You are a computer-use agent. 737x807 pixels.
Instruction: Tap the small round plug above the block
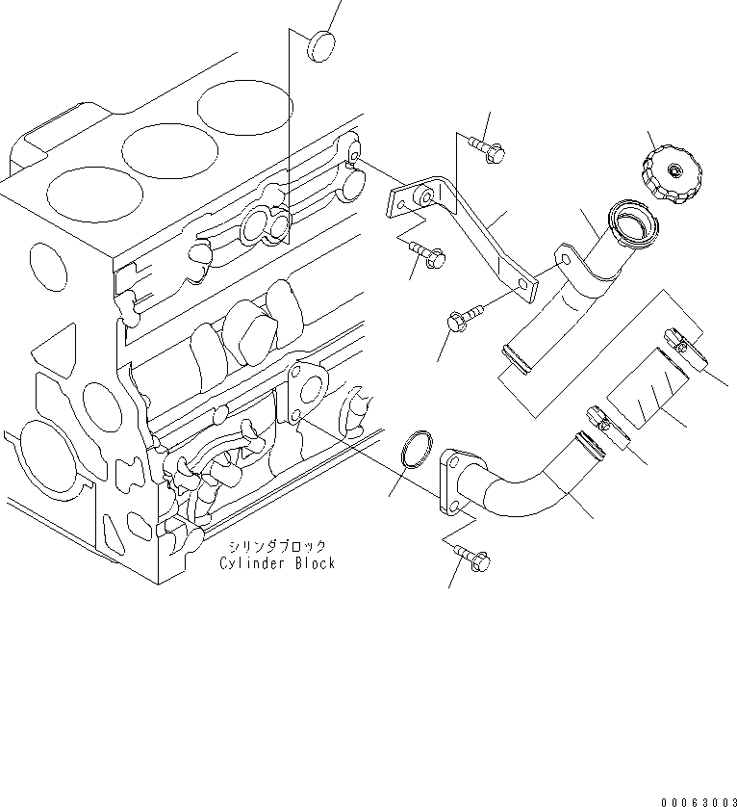tap(320, 45)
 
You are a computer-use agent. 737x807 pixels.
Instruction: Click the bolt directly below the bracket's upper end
tap(425, 254)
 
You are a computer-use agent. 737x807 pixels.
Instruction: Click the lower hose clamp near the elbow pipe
tap(606, 427)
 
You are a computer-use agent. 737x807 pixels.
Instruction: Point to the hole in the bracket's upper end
tap(420, 197)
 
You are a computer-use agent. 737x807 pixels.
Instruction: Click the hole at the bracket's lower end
tap(524, 283)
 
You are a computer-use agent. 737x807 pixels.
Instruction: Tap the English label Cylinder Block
tap(277, 563)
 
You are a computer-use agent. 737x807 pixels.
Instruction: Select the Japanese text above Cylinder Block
tap(277, 546)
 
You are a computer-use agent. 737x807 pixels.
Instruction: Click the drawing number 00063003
tap(697, 798)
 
